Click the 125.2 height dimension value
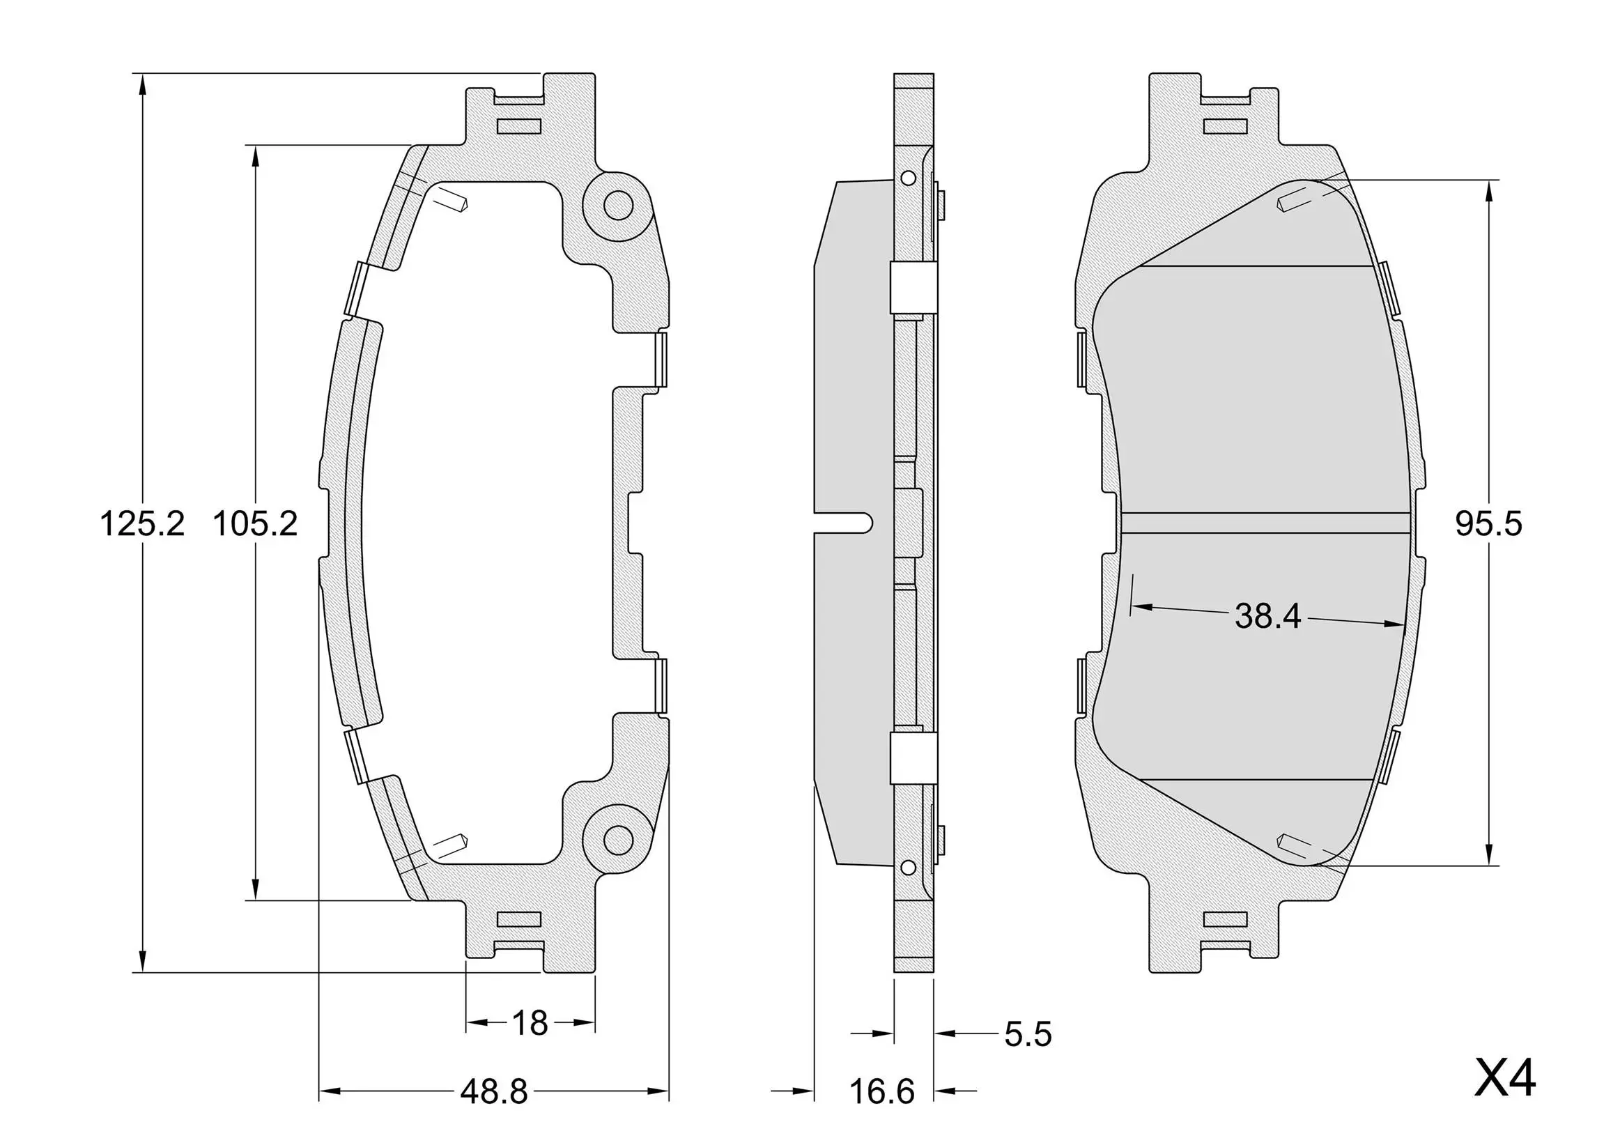point(142,524)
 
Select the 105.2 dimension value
point(255,524)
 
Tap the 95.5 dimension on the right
point(1488,524)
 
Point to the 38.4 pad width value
point(1268,617)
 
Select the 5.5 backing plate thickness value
point(1028,1034)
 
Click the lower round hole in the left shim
point(619,840)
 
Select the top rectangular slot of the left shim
point(519,126)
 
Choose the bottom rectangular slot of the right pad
point(1226,919)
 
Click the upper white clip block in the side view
point(913,289)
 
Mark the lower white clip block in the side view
point(913,758)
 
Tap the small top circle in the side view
point(908,177)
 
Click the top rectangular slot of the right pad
point(1226,127)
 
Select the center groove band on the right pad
point(1267,523)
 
